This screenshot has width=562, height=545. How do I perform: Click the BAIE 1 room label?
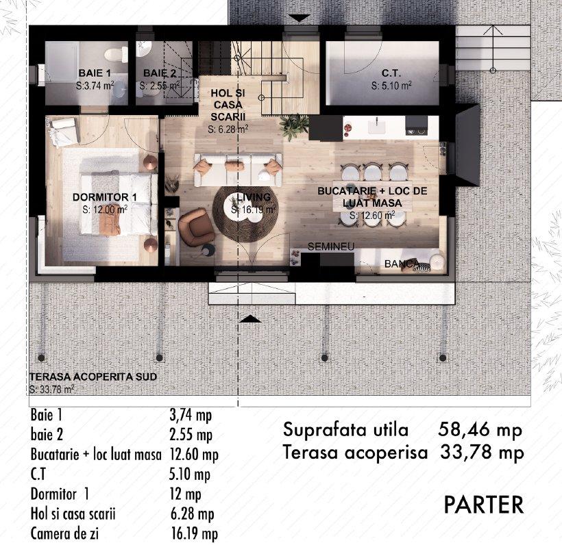point(95,73)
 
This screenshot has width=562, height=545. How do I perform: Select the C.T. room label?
point(391,73)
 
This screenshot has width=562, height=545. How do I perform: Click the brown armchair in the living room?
point(196,228)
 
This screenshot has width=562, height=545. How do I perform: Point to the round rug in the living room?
point(245,214)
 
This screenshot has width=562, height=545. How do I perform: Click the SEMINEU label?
point(331,246)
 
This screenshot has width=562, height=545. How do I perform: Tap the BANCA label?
point(401,264)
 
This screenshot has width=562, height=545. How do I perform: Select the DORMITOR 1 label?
point(105,197)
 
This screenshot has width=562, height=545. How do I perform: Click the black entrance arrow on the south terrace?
point(250,318)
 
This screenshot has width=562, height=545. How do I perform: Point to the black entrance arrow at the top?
point(300,18)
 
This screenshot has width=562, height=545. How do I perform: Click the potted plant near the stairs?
point(293,127)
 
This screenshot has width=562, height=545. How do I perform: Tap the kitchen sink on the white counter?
point(377,125)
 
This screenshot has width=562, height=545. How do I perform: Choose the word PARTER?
point(484,505)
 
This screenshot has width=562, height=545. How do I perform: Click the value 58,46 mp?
point(480,430)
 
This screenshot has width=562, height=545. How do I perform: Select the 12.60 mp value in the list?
point(193,455)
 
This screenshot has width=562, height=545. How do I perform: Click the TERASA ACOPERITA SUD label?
point(93,377)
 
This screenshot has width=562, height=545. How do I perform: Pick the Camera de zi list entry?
point(64,533)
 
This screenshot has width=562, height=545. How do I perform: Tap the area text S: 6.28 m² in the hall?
point(228,129)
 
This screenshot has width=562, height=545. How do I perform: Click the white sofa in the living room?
point(238,170)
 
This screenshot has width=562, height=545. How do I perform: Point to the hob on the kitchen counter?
point(417,125)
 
